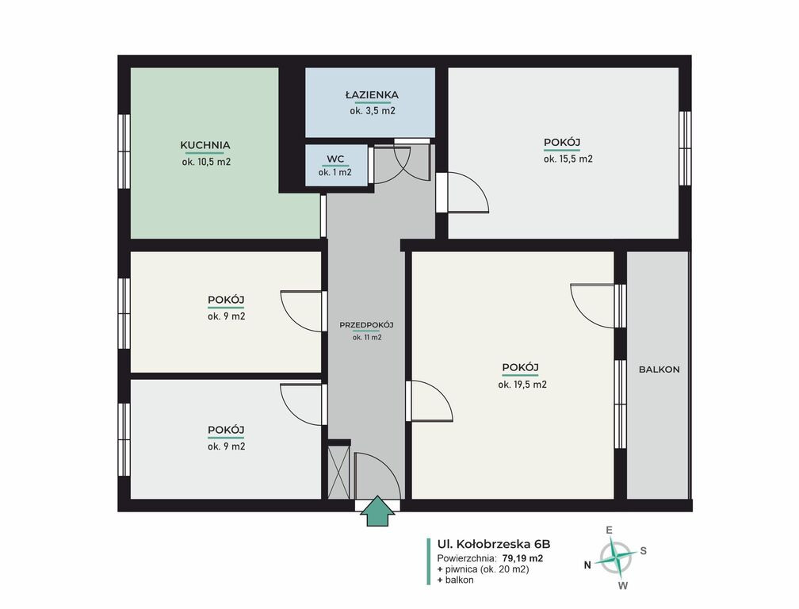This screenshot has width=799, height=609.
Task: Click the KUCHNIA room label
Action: click(x=205, y=145)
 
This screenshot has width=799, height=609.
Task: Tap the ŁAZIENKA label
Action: click(x=372, y=95)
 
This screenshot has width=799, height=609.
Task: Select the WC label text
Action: click(x=335, y=159)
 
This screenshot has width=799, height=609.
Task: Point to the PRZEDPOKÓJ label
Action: click(x=366, y=325)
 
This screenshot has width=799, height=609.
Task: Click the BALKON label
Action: click(x=659, y=370)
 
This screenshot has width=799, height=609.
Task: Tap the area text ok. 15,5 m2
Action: click(x=568, y=159)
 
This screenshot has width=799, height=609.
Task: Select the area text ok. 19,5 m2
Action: click(x=522, y=385)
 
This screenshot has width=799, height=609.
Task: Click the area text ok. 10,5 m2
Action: click(x=206, y=162)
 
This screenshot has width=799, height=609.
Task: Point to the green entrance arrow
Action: click(x=377, y=510)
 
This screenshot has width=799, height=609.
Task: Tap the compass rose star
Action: click(x=617, y=557)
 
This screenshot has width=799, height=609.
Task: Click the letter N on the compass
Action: click(x=587, y=565)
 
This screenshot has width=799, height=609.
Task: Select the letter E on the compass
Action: click(x=609, y=530)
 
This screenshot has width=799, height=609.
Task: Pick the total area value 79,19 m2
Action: click(x=522, y=558)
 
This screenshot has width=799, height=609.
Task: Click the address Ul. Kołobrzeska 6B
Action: click(x=494, y=544)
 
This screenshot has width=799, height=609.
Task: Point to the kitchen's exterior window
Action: click(x=124, y=151)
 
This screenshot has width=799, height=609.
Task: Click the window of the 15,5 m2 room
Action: click(x=686, y=148)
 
